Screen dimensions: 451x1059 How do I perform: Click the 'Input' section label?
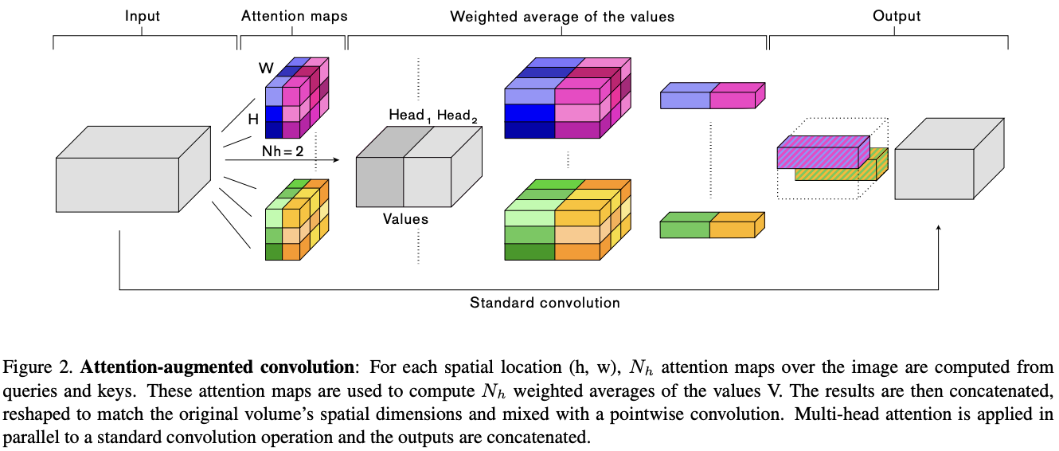(x=143, y=16)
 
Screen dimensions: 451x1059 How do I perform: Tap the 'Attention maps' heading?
(x=293, y=16)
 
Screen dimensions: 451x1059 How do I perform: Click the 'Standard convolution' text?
(x=545, y=303)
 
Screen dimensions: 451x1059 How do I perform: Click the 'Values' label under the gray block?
(x=405, y=218)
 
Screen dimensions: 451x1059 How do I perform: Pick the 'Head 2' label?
(x=456, y=116)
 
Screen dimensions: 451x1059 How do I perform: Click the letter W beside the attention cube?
(x=266, y=69)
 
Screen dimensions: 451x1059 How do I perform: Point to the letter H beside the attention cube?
(x=254, y=120)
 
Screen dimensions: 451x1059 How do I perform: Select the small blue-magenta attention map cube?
(x=294, y=100)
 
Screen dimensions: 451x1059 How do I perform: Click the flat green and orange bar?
(x=712, y=225)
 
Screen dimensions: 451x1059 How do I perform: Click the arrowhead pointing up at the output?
(x=939, y=229)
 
